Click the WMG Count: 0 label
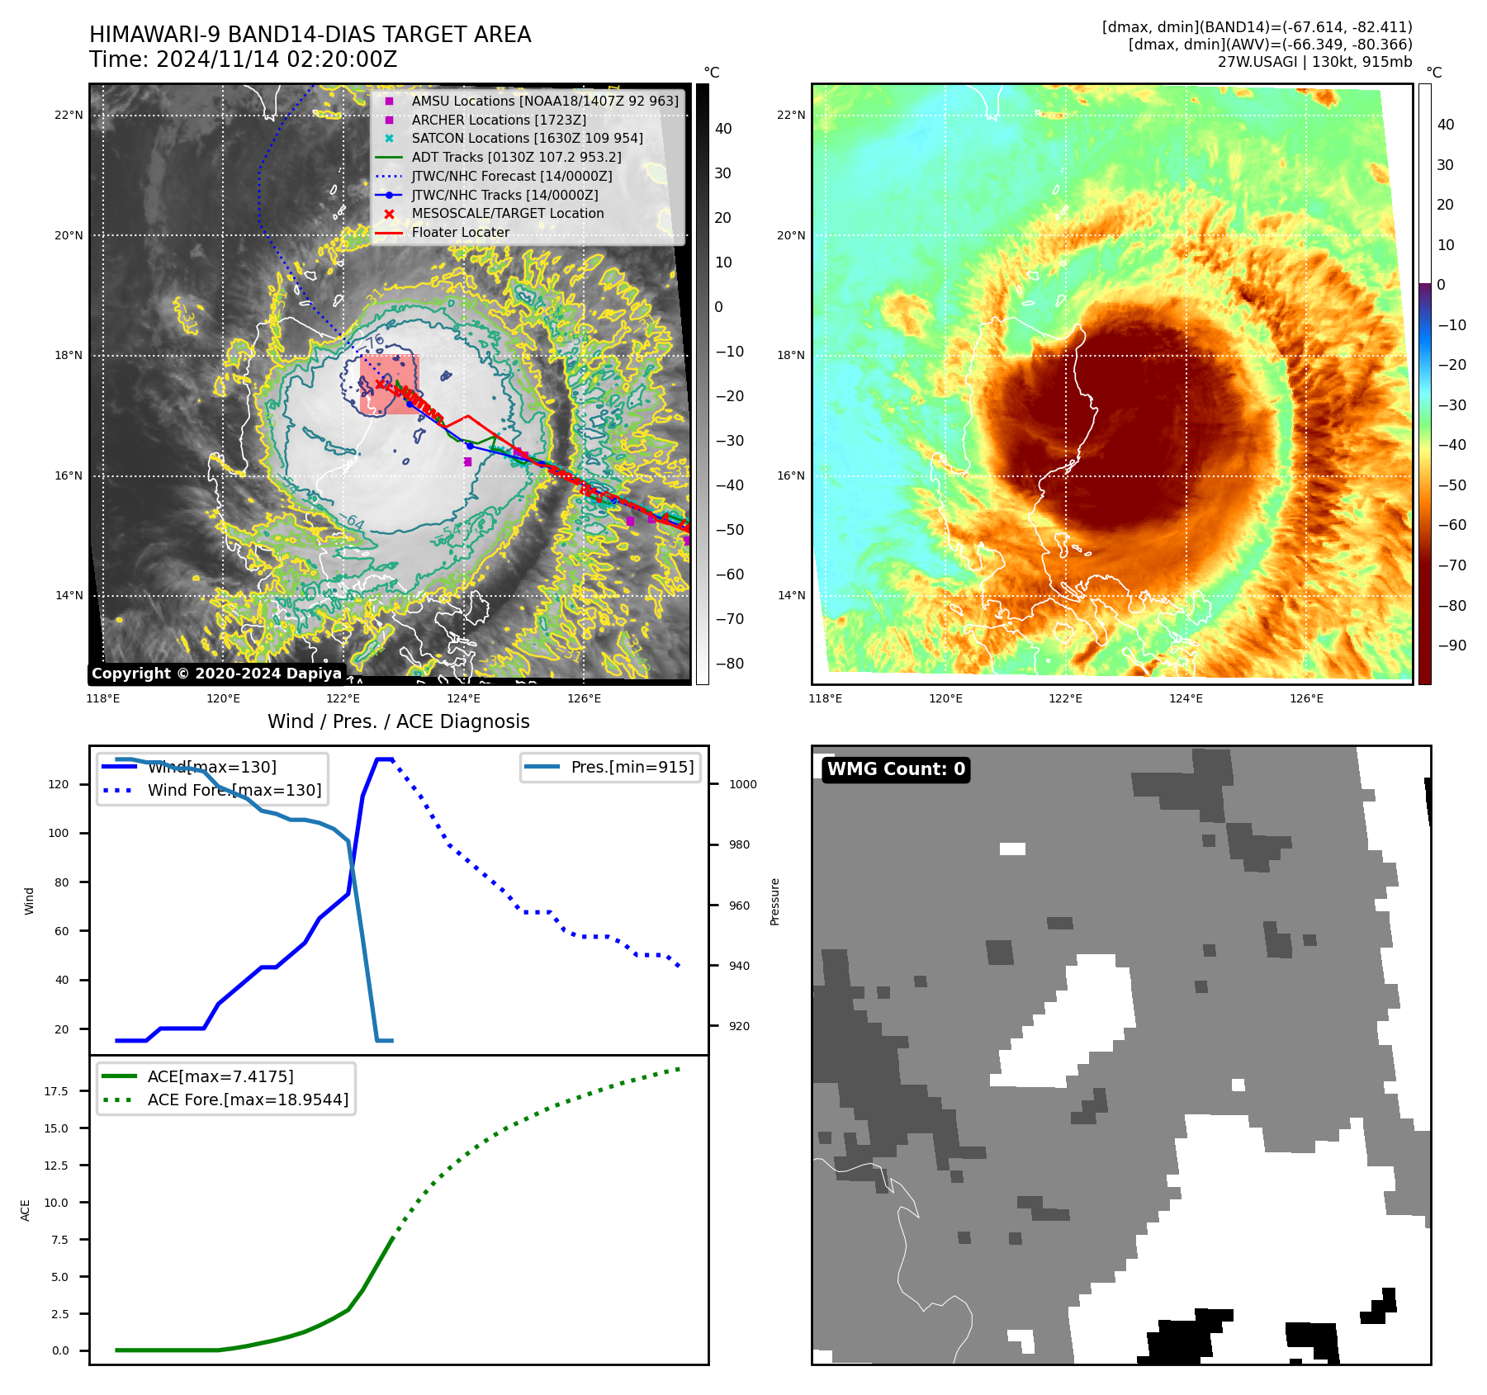tap(896, 769)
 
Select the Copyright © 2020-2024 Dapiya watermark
tap(216, 674)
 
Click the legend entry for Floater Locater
tap(460, 233)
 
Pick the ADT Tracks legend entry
tap(516, 158)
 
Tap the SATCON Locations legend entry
tap(527, 139)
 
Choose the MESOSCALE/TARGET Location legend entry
tap(508, 214)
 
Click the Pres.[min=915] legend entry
tap(632, 768)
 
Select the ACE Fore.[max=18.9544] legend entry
tap(248, 1099)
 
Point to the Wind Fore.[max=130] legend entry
tap(234, 791)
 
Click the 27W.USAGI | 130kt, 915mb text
tap(1314, 62)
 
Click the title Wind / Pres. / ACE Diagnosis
tap(399, 722)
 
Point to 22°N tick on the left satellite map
tap(69, 116)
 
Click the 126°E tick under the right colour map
tap(1306, 699)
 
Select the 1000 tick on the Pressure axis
tap(742, 785)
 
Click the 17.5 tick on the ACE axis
tap(56, 1091)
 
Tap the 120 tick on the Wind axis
tap(59, 785)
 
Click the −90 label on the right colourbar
tap(1451, 645)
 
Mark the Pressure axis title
tap(775, 901)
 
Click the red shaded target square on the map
tap(390, 385)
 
